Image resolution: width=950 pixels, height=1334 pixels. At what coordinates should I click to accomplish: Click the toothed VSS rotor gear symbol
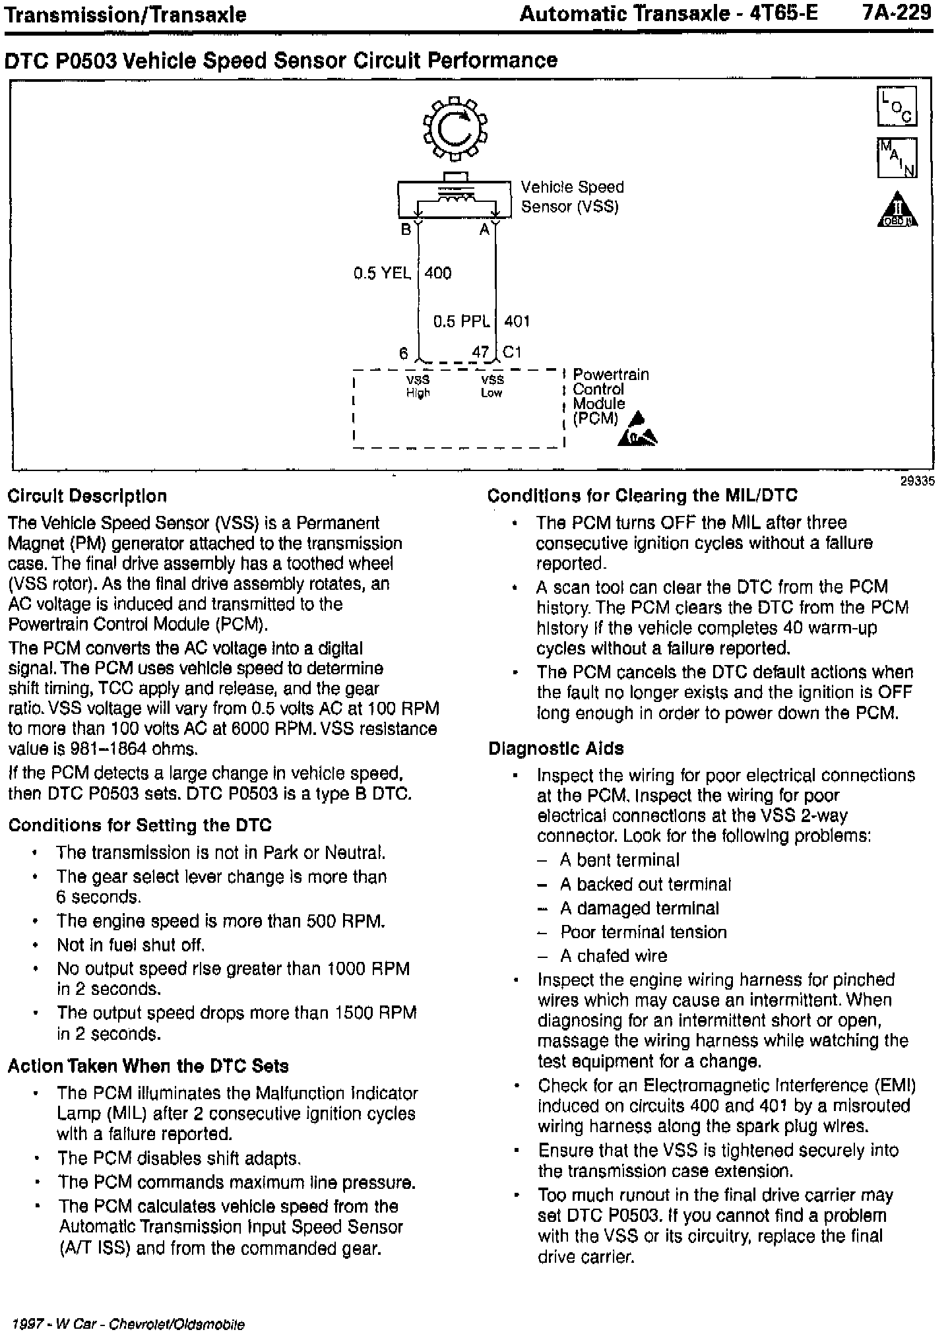click(x=455, y=129)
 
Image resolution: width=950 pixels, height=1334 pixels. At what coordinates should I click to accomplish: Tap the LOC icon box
click(x=897, y=106)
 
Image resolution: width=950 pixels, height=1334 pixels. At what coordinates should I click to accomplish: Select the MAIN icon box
click(x=897, y=158)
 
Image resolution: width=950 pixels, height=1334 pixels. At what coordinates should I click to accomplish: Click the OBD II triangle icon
click(x=897, y=210)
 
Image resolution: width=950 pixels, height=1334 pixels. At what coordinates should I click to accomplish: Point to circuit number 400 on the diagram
click(x=438, y=273)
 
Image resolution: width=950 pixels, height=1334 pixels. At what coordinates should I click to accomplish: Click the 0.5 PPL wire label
click(x=461, y=321)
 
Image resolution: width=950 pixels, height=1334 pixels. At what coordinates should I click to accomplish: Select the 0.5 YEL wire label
click(x=382, y=273)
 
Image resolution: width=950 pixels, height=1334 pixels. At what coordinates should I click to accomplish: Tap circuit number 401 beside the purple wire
click(x=517, y=321)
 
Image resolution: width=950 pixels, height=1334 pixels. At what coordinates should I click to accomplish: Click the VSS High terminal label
click(x=418, y=386)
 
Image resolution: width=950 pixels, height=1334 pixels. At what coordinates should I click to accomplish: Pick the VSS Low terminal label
click(x=492, y=386)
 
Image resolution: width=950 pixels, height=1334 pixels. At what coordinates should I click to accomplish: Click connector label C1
click(x=513, y=352)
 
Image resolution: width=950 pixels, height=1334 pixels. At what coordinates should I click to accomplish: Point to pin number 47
click(x=480, y=352)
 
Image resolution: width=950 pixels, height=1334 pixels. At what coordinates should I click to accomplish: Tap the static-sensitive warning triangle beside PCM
click(x=637, y=429)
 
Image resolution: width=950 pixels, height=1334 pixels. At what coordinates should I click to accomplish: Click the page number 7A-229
click(x=897, y=13)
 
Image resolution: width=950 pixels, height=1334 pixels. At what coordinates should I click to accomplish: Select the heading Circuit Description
click(x=87, y=496)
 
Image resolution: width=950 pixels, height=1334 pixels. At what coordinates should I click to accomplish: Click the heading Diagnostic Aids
click(x=555, y=749)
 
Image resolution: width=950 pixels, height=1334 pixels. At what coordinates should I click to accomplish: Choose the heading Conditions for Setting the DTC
click(x=140, y=825)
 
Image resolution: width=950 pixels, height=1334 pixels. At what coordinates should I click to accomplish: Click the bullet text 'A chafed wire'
click(x=613, y=956)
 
